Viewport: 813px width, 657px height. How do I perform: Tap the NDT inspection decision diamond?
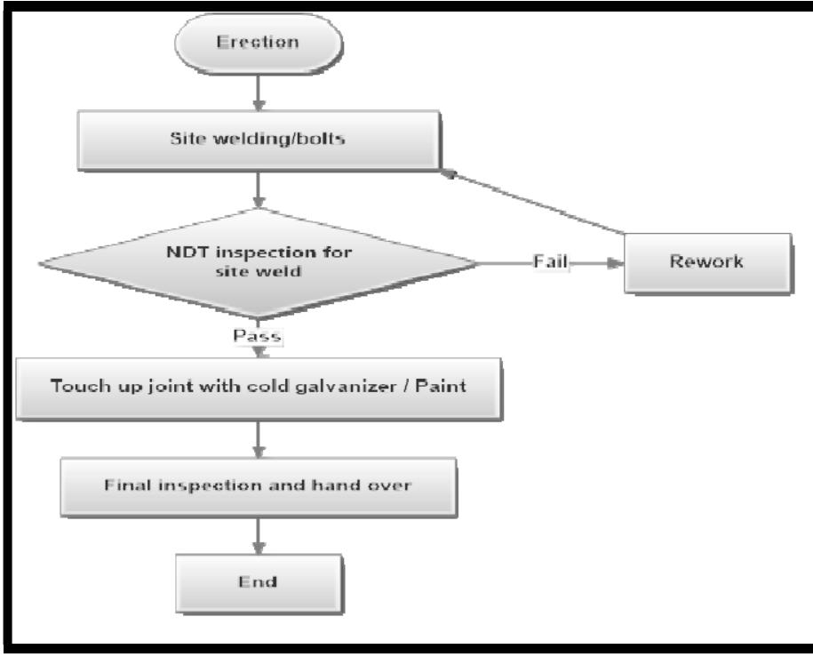(x=259, y=264)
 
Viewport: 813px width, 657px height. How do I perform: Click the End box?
(x=259, y=581)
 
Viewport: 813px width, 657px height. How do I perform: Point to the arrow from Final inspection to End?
(x=259, y=535)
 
